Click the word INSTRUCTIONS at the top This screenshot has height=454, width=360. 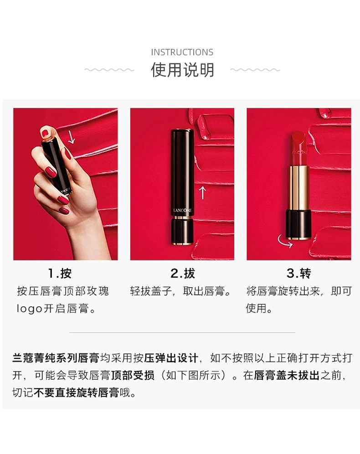(182, 52)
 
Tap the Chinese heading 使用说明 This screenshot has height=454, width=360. (182, 70)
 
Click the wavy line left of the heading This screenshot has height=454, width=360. (109, 70)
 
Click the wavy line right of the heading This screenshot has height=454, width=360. (255, 70)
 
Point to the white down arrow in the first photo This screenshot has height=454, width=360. (71, 137)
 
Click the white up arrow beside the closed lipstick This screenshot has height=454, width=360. (203, 192)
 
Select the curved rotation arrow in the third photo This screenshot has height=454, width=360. (285, 241)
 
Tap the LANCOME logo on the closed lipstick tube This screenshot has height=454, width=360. (182, 210)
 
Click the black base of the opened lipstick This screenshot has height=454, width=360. (298, 225)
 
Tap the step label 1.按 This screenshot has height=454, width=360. (60, 273)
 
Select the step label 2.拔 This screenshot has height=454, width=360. (183, 273)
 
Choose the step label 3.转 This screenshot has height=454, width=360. (298, 273)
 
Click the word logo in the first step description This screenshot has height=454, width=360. (30, 309)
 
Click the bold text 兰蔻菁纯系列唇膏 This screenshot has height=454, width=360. (56, 358)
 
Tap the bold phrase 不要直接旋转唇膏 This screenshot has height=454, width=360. (77, 392)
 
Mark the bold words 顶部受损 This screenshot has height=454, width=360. (133, 375)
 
